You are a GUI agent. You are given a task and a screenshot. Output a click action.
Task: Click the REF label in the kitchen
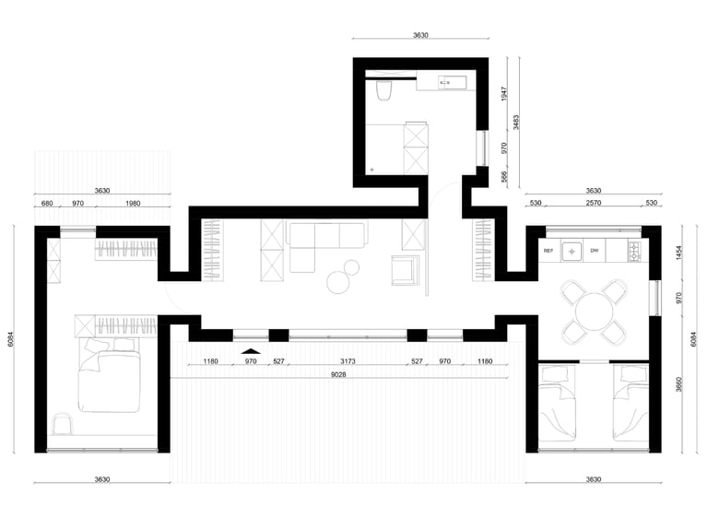(x=549, y=251)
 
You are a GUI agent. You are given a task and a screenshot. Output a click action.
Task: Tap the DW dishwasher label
(x=595, y=251)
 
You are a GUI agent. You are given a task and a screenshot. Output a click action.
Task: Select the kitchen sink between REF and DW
(x=572, y=251)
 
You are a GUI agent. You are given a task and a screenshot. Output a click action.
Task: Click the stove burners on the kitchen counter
(x=634, y=252)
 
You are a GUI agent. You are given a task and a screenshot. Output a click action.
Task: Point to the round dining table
(x=595, y=312)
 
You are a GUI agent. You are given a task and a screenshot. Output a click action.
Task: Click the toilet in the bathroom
(x=383, y=90)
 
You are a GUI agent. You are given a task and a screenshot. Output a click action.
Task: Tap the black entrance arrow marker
(x=251, y=351)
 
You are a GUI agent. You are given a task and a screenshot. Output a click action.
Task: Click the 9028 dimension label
(x=338, y=374)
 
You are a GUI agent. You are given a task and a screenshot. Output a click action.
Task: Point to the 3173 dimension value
(x=348, y=361)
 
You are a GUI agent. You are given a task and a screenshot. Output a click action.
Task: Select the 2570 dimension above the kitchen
(x=594, y=203)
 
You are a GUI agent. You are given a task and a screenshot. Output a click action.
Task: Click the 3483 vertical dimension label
(x=516, y=122)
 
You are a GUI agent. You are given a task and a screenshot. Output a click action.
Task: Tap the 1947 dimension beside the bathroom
(x=504, y=93)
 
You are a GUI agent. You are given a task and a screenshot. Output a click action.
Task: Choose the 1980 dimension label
(x=133, y=203)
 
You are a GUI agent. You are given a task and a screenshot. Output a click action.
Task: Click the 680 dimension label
(x=47, y=203)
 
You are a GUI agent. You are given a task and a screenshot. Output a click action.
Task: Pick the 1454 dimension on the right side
(x=678, y=253)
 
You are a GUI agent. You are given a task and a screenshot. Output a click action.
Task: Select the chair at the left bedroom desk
(x=63, y=424)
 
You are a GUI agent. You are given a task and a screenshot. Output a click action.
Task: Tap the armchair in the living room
(x=403, y=270)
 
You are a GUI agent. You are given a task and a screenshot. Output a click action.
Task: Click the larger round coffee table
(x=338, y=282)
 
